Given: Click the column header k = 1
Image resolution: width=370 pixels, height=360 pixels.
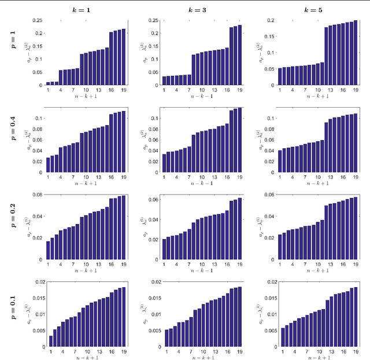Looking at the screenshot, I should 85,9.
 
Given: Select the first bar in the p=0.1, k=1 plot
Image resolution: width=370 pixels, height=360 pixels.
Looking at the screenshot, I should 51,341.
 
